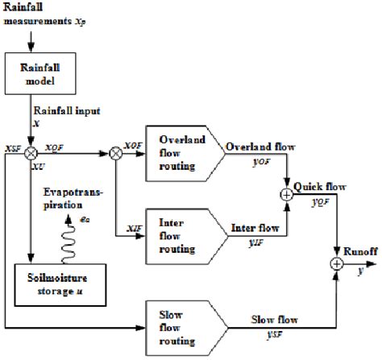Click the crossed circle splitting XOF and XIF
point(118,151)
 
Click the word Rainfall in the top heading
point(24,8)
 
